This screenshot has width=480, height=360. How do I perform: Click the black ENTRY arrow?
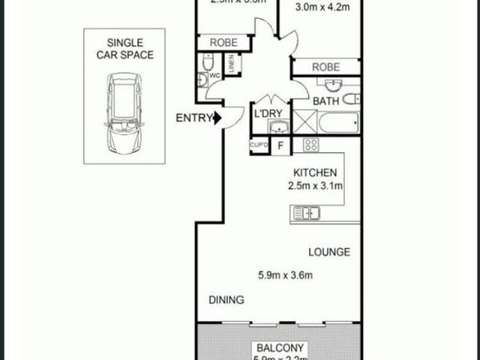click(217, 117)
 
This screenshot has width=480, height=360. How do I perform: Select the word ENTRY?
click(193, 118)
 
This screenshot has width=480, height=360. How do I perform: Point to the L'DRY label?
click(268, 113)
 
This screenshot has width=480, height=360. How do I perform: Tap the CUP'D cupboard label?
click(259, 144)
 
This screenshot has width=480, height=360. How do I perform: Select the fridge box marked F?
click(281, 145)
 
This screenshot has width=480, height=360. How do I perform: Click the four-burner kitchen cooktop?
click(311, 144)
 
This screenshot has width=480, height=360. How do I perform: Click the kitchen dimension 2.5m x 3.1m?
click(315, 185)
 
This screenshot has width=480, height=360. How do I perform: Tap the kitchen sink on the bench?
click(307, 215)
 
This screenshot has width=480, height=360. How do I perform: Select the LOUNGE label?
click(328, 252)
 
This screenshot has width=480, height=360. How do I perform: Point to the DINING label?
click(226, 300)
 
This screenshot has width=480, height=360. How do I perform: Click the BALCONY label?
click(280, 348)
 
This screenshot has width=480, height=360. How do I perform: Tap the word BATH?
click(325, 100)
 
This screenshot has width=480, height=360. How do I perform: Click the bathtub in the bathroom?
click(340, 121)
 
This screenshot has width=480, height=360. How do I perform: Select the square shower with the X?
click(305, 121)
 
